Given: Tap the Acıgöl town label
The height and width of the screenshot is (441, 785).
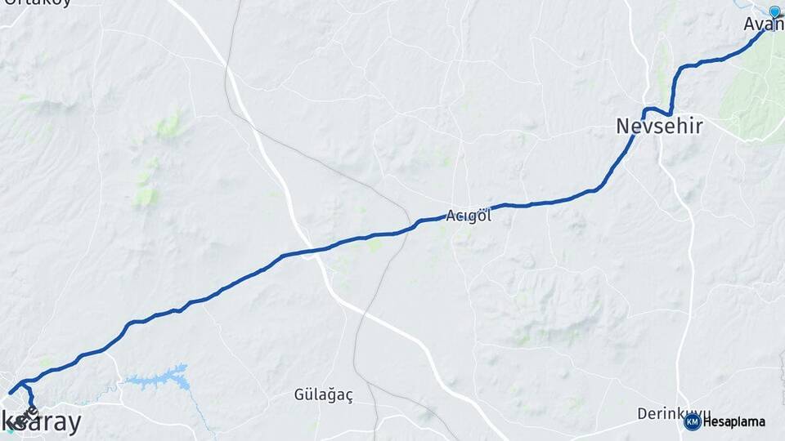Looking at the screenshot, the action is tap(469, 216).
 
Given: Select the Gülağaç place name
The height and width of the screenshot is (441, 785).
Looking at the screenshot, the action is tap(324, 395).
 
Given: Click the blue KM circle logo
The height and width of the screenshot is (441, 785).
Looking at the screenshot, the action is tap(692, 421).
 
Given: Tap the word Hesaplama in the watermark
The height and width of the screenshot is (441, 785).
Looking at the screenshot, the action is tap(733, 422).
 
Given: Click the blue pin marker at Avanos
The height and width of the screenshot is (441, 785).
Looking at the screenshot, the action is tap(774, 11).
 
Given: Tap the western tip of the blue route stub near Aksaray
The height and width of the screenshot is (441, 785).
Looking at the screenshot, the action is tap(10, 393).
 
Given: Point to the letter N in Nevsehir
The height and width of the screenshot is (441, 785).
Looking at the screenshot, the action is tap(623, 127).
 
